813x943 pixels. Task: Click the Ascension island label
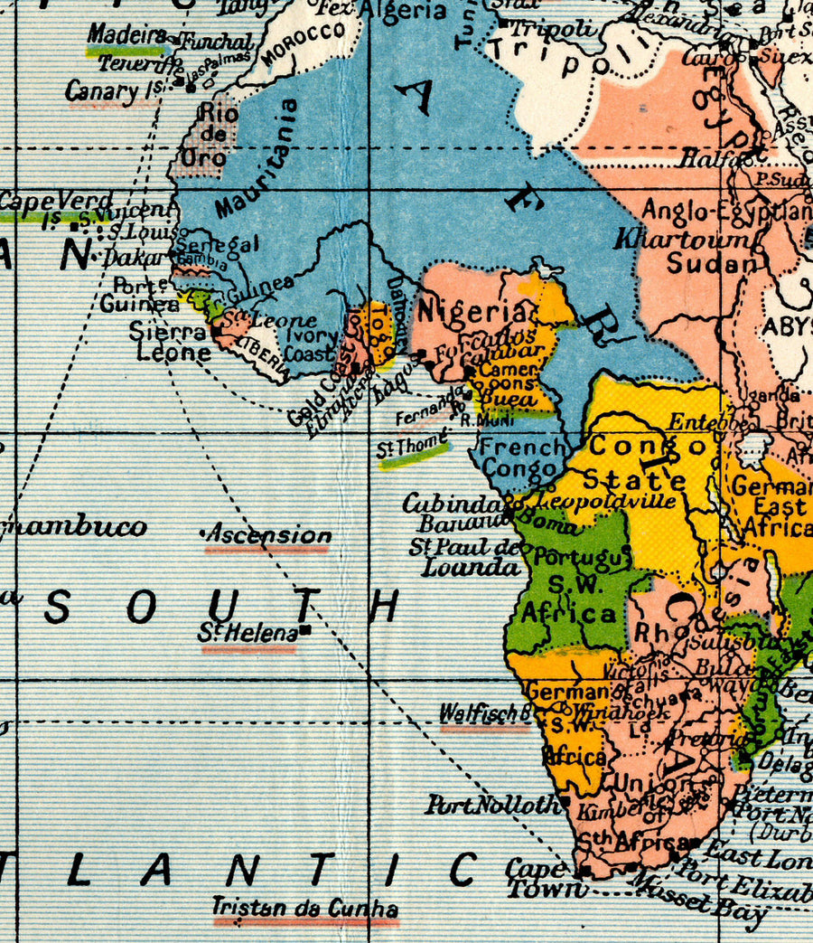(268, 535)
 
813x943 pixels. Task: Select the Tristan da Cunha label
(304, 908)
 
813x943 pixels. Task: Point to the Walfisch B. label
(484, 713)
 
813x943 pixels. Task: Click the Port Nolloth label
(492, 804)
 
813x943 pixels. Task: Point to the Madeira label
(127, 34)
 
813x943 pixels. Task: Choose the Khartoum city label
(682, 240)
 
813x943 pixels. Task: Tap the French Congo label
(522, 457)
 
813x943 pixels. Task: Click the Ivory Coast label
(311, 344)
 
